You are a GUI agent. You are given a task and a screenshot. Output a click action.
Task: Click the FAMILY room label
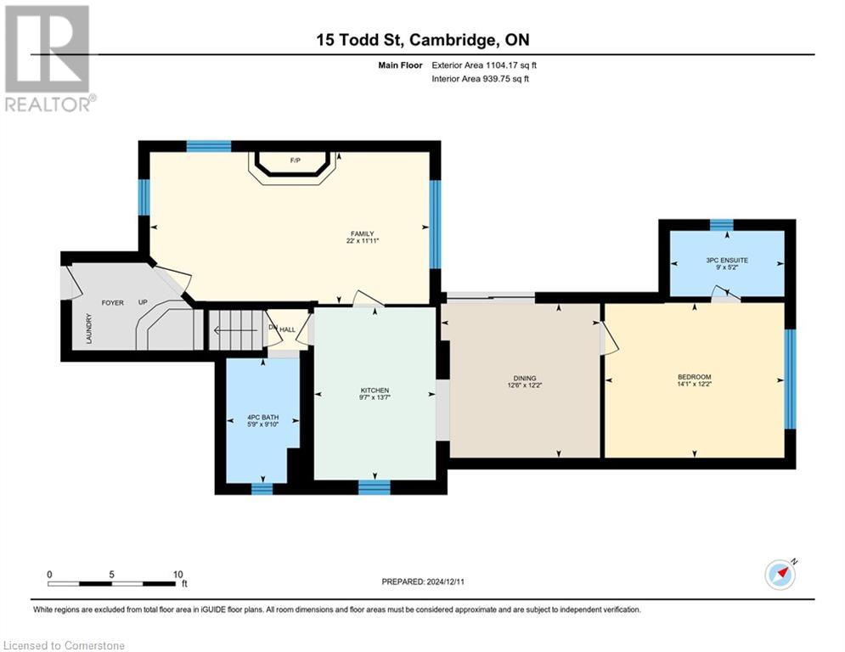(363, 234)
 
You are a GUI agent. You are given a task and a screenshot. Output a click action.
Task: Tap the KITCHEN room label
(375, 391)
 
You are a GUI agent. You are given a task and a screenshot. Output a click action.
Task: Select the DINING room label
(524, 379)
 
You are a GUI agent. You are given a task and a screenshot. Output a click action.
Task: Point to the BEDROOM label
(694, 377)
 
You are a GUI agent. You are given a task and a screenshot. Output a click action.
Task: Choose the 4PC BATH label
(262, 417)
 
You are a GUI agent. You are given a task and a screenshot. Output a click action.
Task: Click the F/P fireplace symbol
(295, 161)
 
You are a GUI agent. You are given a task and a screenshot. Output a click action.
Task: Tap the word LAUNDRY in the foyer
(88, 329)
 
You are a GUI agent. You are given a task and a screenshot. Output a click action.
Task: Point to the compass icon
(780, 574)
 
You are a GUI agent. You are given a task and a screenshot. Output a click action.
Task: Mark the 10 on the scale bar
(178, 574)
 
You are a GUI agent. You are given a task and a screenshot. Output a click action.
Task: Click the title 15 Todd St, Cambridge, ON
(422, 41)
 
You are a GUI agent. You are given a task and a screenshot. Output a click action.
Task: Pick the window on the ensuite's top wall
(721, 224)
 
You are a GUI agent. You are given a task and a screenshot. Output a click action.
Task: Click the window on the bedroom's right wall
(790, 378)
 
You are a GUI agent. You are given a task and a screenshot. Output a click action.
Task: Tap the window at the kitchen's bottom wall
(374, 486)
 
